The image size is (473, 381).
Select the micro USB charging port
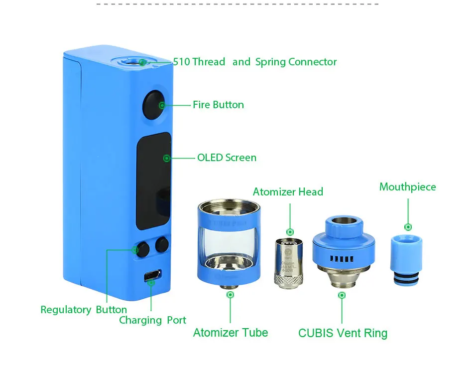(x=152, y=275)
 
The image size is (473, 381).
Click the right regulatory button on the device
(x=162, y=245)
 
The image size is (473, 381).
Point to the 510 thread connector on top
(x=135, y=61)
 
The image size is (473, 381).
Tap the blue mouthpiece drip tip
(x=407, y=259)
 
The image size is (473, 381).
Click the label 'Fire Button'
(x=218, y=105)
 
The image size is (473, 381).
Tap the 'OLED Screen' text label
(x=227, y=158)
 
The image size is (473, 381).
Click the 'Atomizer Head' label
(x=288, y=192)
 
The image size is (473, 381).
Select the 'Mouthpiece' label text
(x=407, y=187)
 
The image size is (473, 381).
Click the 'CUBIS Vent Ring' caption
(x=343, y=333)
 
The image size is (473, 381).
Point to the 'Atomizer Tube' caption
(x=231, y=333)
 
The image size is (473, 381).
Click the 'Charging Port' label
(x=152, y=320)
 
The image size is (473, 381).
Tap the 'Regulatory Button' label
(x=84, y=310)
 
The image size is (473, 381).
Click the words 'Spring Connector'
(x=296, y=62)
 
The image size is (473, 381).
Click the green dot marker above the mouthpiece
(x=408, y=227)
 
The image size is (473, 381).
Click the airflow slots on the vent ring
(x=342, y=258)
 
